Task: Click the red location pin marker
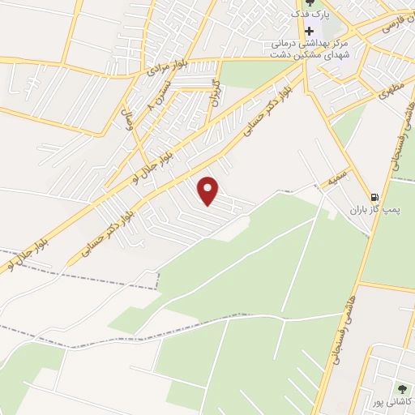click(x=209, y=190)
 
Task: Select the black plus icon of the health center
click(x=309, y=30)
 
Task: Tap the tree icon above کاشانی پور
click(x=401, y=387)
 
